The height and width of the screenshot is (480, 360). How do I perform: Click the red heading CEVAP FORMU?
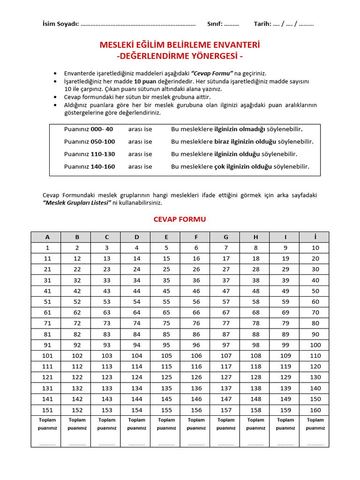[180, 219]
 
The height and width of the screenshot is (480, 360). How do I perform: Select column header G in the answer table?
[226, 237]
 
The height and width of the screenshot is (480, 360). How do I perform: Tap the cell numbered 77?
[226, 323]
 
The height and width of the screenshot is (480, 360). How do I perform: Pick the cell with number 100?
[315, 345]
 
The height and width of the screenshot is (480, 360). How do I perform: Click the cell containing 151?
[47, 410]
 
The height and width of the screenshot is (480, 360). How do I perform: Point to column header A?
[47, 237]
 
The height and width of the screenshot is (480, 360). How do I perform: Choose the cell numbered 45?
[166, 291]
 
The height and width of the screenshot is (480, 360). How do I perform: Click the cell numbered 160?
[315, 410]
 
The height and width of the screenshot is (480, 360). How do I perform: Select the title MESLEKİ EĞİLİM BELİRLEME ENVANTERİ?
[180, 45]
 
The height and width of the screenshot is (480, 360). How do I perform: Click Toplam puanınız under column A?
[47, 424]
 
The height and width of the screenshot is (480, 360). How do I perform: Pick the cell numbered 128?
[256, 377]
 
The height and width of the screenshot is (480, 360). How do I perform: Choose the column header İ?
[315, 237]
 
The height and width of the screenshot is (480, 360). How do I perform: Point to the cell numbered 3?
[107, 248]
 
